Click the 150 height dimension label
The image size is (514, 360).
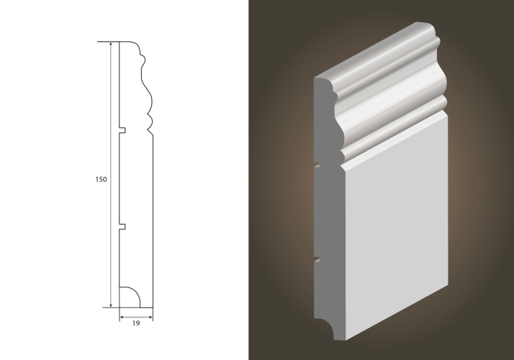[x=101, y=180]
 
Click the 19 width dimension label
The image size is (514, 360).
[x=136, y=323]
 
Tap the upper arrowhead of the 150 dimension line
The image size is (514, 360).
[x=111, y=45]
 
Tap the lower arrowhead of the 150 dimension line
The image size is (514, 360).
[x=111, y=305]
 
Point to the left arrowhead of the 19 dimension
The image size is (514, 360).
[x=122, y=317]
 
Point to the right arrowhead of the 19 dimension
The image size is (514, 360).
[x=150, y=317]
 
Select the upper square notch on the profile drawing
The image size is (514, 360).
[x=122, y=130]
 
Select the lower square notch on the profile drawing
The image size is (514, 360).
[x=122, y=226]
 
